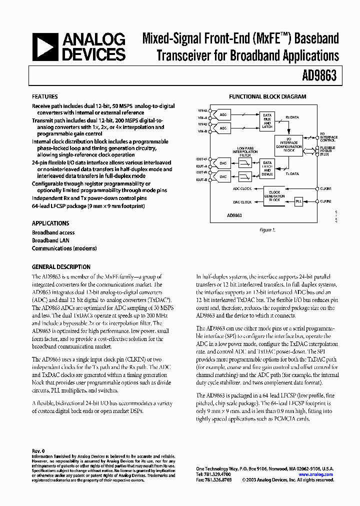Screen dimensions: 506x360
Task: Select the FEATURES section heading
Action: click(44, 96)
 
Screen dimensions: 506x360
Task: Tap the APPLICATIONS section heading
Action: click(50, 223)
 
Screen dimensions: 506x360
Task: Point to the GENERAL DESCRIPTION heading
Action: click(61, 267)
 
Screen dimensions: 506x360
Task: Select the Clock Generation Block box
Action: click(274, 195)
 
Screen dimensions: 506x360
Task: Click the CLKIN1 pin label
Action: click(326, 188)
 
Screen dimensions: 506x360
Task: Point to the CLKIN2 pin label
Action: click(326, 201)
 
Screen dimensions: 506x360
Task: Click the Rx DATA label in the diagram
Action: click(292, 117)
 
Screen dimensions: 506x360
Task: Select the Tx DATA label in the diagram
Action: click(292, 174)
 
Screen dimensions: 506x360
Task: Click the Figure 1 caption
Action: click(267, 229)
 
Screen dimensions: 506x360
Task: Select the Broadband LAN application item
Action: click(50, 240)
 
